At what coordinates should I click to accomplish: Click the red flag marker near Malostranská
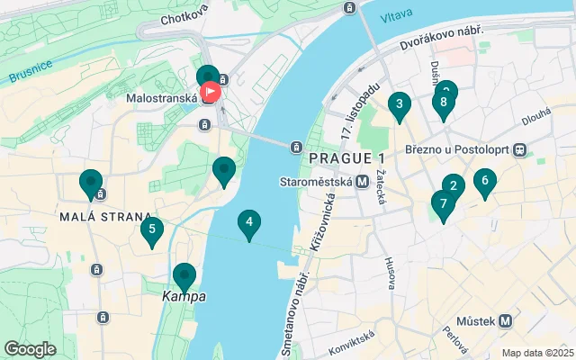click(212, 91)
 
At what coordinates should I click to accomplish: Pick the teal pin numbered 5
click(151, 230)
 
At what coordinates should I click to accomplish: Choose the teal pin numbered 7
click(443, 203)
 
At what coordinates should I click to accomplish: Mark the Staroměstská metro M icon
click(362, 181)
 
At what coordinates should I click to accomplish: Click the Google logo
click(30, 348)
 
